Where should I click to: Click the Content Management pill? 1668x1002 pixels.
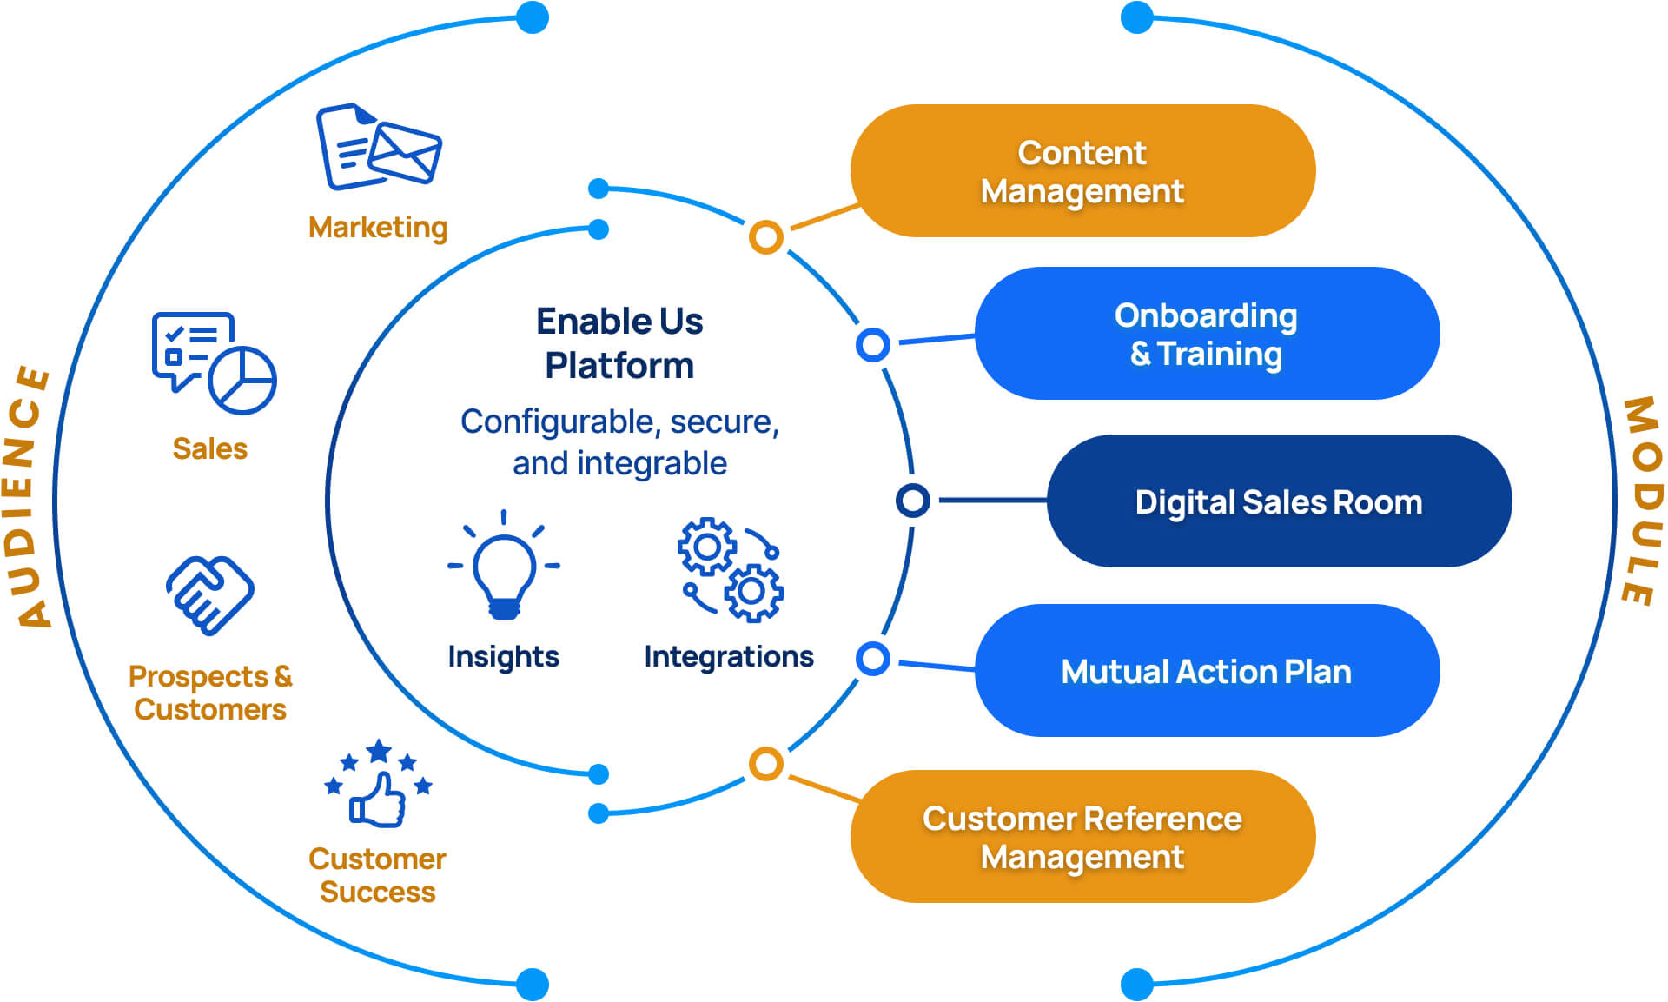coord(1082,171)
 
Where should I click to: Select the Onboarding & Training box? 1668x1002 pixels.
coord(1206,334)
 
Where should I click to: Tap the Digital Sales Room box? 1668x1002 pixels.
coord(1278,501)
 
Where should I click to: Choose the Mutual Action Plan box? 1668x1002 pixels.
coord(1206,671)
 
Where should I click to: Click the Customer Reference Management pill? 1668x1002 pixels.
coord(1082,836)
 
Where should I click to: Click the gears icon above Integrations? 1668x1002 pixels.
coord(730,569)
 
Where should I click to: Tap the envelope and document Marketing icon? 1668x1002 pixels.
coord(378,147)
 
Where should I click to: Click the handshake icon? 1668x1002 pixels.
coord(209,595)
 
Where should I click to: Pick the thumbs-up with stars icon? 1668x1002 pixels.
coord(378,783)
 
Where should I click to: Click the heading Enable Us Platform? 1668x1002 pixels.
coord(619,343)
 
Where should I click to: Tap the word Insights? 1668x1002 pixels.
coord(503,656)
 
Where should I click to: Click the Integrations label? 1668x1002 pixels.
coord(728,656)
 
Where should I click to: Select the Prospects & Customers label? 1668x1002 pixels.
coord(209,693)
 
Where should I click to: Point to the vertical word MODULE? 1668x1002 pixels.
coord(1641,501)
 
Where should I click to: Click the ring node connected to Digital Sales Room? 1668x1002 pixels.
coord(912,501)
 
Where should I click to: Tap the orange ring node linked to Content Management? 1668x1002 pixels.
coord(765,236)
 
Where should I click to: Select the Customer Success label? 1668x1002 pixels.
coord(377,875)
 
